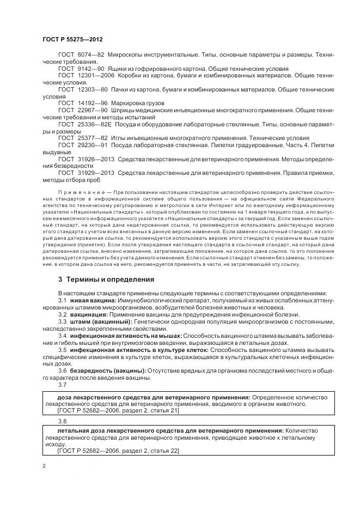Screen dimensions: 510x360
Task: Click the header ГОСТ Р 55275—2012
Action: click(x=72, y=40)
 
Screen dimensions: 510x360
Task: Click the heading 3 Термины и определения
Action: click(x=106, y=279)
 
